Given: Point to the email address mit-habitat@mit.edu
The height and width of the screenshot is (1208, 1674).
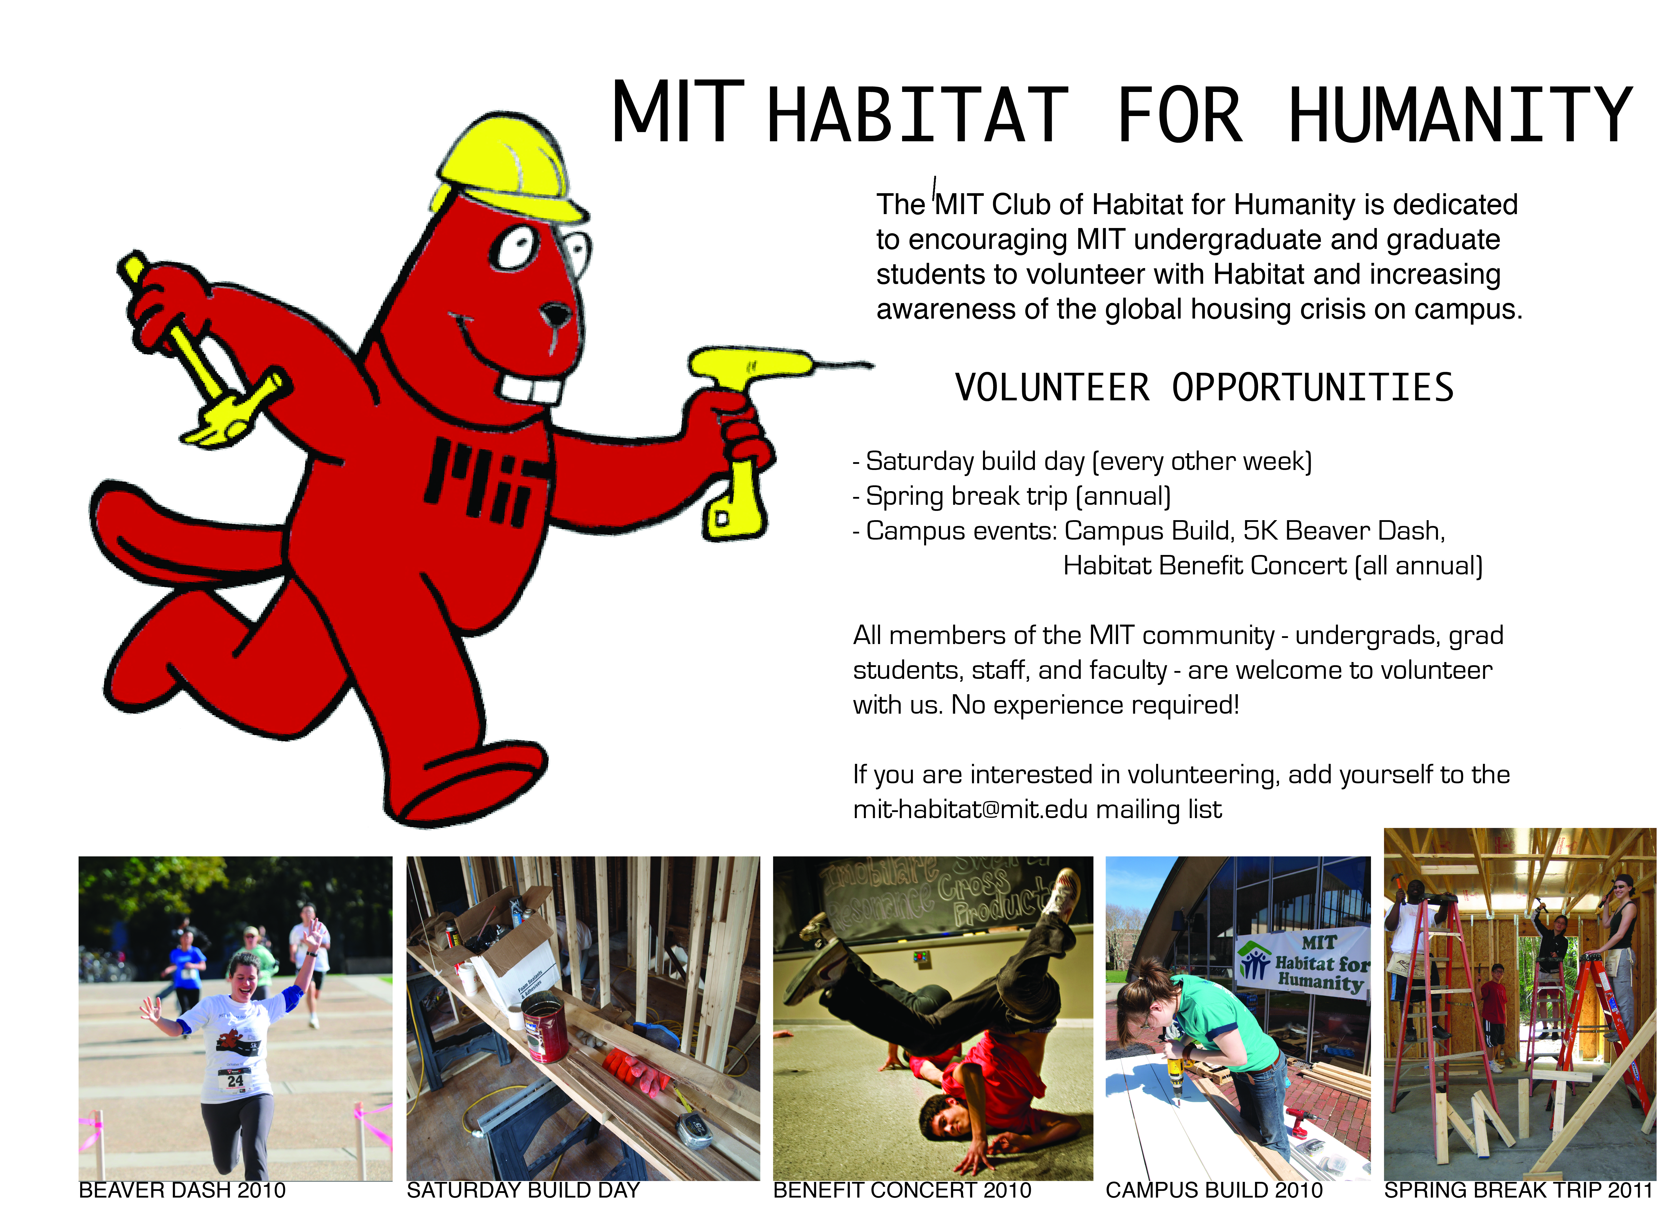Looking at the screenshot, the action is [970, 809].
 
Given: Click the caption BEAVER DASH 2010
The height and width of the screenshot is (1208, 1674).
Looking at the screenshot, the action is [182, 1190].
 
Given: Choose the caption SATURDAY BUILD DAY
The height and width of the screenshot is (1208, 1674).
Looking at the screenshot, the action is [523, 1190].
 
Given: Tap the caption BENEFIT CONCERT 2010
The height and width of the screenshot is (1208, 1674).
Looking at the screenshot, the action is [902, 1190].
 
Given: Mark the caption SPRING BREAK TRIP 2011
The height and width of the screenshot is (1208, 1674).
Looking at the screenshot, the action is [1518, 1190].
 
